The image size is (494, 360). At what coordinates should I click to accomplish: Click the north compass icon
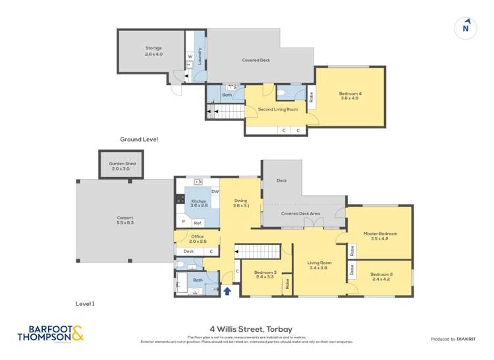pos(466,28)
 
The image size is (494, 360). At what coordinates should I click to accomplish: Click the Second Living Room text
pos(277,109)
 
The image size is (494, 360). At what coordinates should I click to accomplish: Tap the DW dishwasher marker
pos(215,192)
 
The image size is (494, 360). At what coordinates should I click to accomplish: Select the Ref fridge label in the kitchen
pos(197,222)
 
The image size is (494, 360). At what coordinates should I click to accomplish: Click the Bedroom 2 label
pos(381,276)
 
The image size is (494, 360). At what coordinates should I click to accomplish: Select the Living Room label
pos(319,265)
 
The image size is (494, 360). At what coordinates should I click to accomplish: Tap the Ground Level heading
pos(138,140)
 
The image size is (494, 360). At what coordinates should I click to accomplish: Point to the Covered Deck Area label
pos(300,214)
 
